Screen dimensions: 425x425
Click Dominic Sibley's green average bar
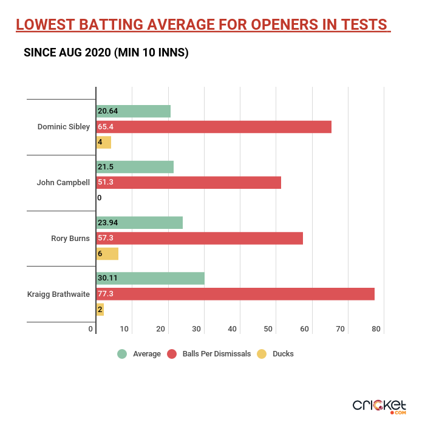click(x=133, y=111)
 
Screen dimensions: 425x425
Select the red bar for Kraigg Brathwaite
click(x=235, y=294)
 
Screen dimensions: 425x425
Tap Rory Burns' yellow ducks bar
click(x=107, y=253)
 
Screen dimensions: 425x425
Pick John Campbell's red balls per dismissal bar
click(x=188, y=182)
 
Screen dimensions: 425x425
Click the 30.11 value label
click(x=107, y=278)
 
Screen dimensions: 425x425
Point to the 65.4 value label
click(x=106, y=127)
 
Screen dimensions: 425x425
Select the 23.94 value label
click(x=107, y=222)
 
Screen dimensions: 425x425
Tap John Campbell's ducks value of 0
click(x=99, y=198)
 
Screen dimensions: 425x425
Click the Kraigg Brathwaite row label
click(x=59, y=294)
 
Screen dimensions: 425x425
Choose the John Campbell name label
click(x=63, y=182)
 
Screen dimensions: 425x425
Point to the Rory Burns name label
click(x=70, y=238)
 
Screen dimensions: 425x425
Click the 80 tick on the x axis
click(x=376, y=329)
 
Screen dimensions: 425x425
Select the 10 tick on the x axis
click(x=124, y=329)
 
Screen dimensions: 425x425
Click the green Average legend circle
click(x=122, y=353)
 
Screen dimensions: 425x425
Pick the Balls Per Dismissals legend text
click(x=216, y=354)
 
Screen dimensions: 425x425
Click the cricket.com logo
click(x=380, y=405)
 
